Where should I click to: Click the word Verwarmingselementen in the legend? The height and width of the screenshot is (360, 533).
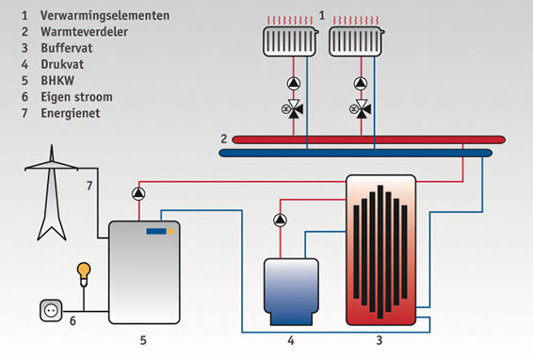(105, 15)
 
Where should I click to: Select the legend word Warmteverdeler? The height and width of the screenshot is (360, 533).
(85, 32)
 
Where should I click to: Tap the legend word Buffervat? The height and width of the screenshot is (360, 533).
(67, 48)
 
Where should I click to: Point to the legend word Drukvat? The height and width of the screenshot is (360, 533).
(62, 64)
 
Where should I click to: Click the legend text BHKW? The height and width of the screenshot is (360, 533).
(57, 81)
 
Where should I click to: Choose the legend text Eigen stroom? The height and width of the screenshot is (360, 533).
(76, 97)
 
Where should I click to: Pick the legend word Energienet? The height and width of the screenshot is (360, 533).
(71, 113)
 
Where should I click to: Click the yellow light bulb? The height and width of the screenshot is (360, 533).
(84, 274)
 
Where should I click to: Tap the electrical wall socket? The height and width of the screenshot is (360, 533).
(51, 310)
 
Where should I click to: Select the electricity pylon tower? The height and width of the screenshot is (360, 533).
(52, 192)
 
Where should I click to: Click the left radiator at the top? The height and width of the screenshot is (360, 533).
(290, 41)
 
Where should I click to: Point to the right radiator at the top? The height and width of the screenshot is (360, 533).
(356, 41)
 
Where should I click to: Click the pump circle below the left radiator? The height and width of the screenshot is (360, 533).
(294, 83)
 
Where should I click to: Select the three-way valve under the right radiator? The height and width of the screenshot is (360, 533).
(361, 109)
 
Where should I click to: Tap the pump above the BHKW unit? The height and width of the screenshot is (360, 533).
(138, 194)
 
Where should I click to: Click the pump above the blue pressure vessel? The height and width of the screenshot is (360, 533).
(280, 221)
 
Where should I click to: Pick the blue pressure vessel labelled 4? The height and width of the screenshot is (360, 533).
(291, 291)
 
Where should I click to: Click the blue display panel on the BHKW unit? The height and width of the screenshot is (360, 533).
(156, 232)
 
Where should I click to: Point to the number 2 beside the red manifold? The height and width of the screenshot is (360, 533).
(224, 139)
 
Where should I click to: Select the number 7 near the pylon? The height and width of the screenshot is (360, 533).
(89, 186)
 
